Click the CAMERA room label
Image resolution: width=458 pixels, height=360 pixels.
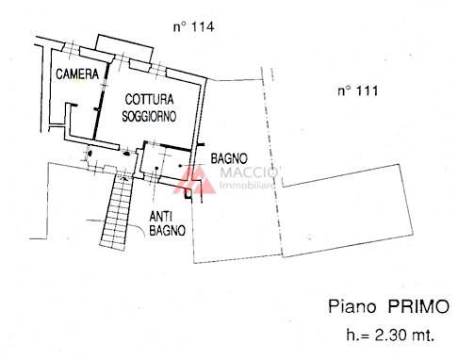(x=77, y=74)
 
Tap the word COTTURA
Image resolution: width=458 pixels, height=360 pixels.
(x=149, y=100)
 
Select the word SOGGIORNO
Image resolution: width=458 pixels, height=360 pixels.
(x=149, y=116)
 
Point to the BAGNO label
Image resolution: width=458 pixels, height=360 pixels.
(x=229, y=158)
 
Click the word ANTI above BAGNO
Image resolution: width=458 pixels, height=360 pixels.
(x=160, y=217)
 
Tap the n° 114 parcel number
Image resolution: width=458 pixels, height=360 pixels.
(x=194, y=26)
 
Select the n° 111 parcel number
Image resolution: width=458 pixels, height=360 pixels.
(x=358, y=91)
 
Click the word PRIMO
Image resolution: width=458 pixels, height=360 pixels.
(x=418, y=306)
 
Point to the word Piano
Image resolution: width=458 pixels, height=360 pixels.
(x=352, y=306)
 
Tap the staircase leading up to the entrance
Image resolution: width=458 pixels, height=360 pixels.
(x=117, y=211)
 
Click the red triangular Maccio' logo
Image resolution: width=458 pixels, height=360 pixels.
(x=195, y=180)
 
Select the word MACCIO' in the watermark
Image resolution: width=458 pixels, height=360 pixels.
(x=250, y=172)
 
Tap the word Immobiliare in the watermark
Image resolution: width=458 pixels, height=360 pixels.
(x=247, y=186)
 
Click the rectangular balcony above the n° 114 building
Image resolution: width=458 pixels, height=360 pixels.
(x=124, y=49)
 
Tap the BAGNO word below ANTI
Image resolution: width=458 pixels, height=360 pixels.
(x=167, y=231)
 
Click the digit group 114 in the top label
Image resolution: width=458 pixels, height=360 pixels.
(x=203, y=26)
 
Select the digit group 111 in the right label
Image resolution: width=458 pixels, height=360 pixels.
(x=367, y=91)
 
